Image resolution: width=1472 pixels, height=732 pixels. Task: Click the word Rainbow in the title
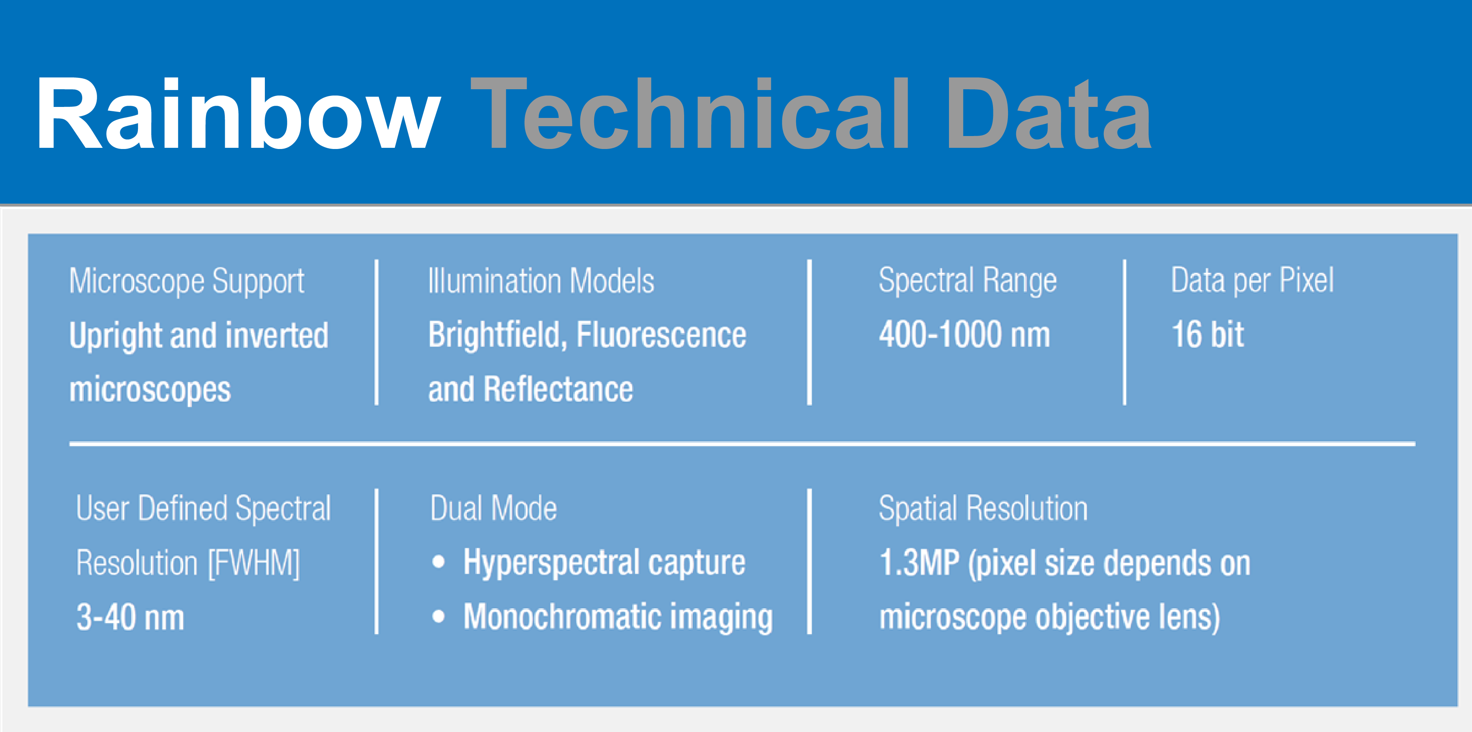pos(238,113)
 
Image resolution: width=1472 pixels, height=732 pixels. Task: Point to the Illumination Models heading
pos(541,280)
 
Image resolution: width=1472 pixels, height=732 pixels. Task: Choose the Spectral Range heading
pos(968,280)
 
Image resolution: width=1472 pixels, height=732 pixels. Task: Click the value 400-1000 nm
pos(965,334)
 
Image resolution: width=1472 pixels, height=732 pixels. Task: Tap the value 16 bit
pos(1208,334)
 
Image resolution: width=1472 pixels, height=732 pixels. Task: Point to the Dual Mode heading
pos(493,508)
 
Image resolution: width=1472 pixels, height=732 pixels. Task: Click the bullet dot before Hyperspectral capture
pos(438,562)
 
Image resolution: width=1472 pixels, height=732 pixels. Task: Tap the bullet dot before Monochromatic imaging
pos(438,616)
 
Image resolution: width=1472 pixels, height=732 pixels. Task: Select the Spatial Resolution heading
pos(983,508)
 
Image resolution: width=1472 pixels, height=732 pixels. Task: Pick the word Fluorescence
pos(661,334)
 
